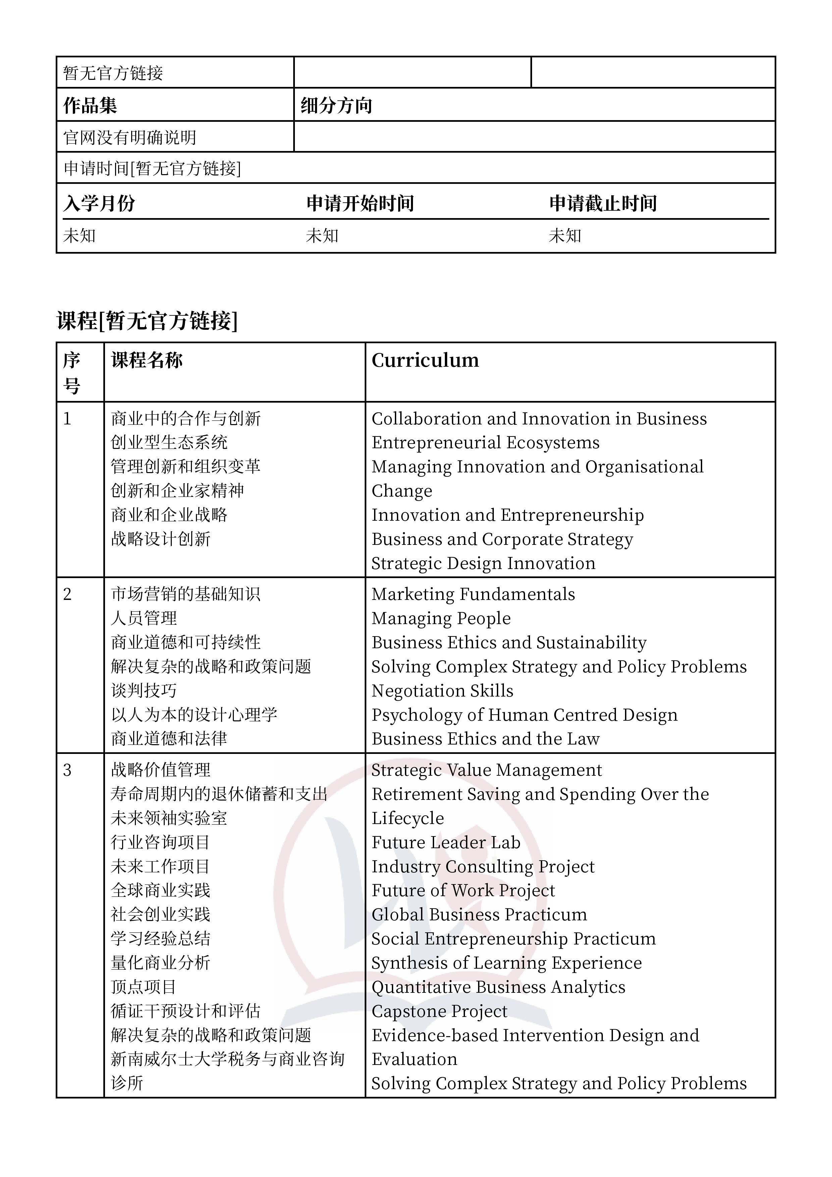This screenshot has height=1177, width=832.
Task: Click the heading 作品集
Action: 90,106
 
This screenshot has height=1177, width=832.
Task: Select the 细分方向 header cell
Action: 336,106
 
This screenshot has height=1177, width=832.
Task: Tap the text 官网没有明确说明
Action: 130,137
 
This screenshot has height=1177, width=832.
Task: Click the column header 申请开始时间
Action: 360,204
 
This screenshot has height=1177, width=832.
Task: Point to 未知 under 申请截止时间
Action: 565,236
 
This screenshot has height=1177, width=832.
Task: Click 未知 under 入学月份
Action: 80,236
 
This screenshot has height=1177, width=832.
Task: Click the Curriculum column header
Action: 425,360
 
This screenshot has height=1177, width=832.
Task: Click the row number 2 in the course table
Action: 67,594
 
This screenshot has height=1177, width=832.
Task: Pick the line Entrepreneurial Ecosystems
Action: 485,443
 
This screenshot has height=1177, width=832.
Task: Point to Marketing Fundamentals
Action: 473,594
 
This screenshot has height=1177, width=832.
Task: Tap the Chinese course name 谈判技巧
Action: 144,690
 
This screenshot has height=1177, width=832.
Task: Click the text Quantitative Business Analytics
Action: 498,987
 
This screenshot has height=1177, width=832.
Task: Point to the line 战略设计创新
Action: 160,539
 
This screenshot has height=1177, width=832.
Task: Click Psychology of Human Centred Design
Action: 524,715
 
